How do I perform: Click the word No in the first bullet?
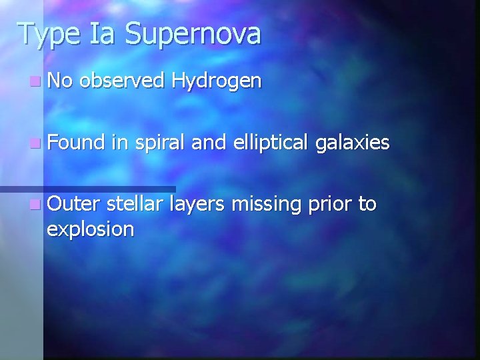click(62, 81)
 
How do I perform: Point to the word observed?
click(123, 81)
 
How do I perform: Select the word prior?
click(333, 204)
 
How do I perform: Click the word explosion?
click(90, 229)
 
